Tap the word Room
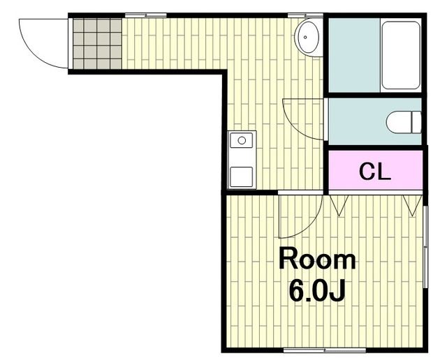[x=317, y=259]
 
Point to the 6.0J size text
[x=317, y=291]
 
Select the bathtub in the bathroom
[x=400, y=55]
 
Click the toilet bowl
[x=404, y=122]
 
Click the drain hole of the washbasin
[x=305, y=37]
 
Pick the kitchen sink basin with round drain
[x=242, y=140]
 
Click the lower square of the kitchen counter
[x=241, y=177]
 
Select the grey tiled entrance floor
[x=97, y=43]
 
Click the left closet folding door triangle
[x=339, y=205]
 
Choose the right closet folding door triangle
[x=412, y=205]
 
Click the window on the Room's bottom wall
[x=325, y=350]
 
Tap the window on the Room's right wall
[x=425, y=247]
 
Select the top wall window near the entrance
[x=146, y=15]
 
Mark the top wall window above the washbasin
[x=305, y=15]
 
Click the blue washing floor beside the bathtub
[x=354, y=55]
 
